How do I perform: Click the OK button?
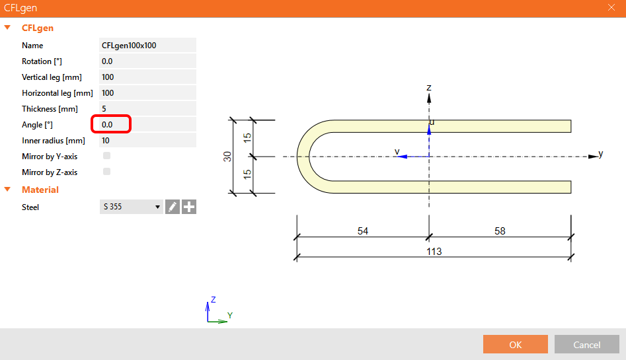pyautogui.click(x=515, y=344)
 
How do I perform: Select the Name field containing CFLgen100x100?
pyautogui.click(x=147, y=46)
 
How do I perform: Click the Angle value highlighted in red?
pyautogui.click(x=112, y=124)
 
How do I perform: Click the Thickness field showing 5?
pyautogui.click(x=147, y=109)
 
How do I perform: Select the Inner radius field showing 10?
pyautogui.click(x=147, y=141)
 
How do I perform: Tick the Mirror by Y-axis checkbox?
pyautogui.click(x=106, y=157)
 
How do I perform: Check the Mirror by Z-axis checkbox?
pyautogui.click(x=106, y=172)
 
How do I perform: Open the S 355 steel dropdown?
pyautogui.click(x=131, y=207)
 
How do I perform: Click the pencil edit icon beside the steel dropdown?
pyautogui.click(x=172, y=207)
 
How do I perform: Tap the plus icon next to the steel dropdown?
pyautogui.click(x=189, y=207)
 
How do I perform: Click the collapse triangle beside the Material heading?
pyautogui.click(x=8, y=190)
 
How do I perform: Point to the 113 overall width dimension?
pyautogui.click(x=434, y=252)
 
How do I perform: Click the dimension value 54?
pyautogui.click(x=362, y=231)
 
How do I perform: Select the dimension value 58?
pyautogui.click(x=499, y=231)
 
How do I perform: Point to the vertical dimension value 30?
pyautogui.click(x=227, y=157)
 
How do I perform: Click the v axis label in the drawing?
pyautogui.click(x=397, y=151)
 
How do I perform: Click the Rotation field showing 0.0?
pyautogui.click(x=147, y=61)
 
